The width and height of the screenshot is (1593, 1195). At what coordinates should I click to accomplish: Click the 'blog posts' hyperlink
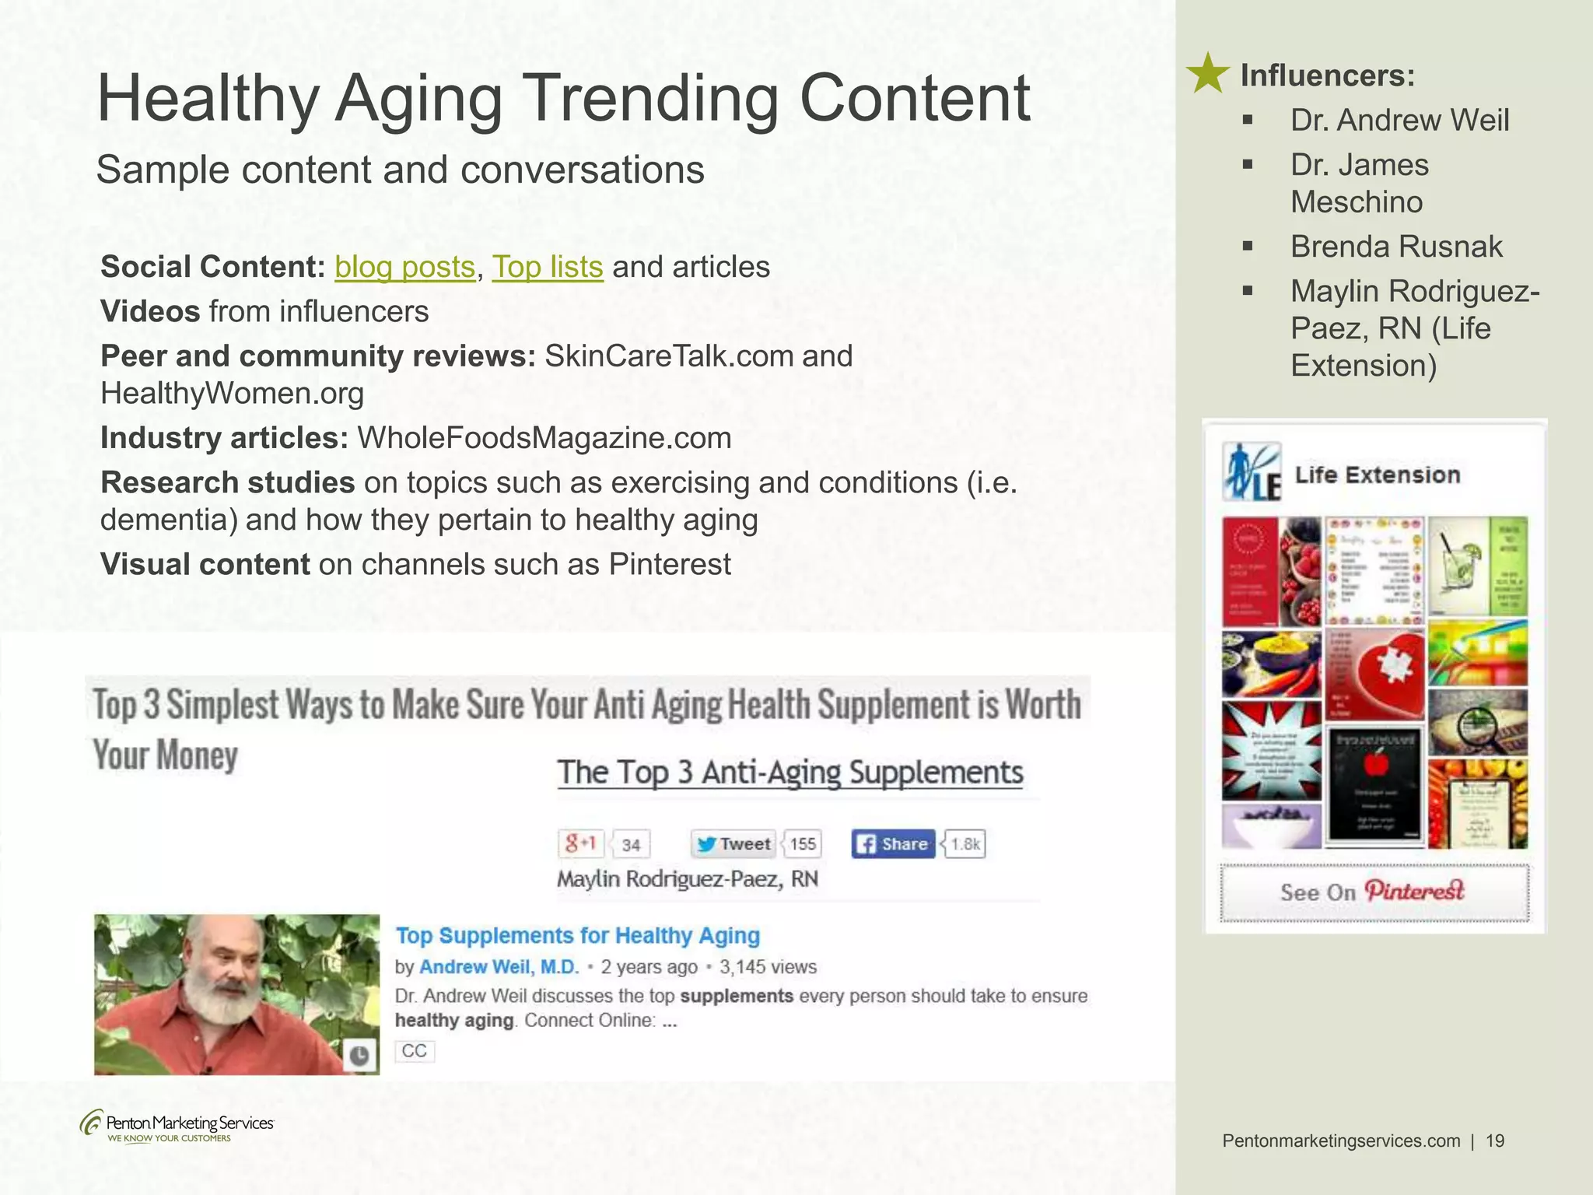[404, 267]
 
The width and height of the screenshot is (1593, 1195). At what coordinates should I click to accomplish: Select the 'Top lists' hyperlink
[547, 267]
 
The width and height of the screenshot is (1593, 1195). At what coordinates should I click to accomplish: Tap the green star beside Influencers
[1206, 74]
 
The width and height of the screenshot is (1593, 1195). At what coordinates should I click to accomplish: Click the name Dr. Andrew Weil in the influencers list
[1399, 121]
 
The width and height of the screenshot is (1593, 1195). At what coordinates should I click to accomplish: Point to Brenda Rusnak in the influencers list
[1396, 247]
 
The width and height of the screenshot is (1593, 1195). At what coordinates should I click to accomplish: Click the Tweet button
[733, 844]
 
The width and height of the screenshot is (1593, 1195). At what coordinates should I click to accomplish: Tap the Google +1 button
[580, 843]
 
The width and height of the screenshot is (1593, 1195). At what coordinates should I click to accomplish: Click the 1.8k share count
[965, 844]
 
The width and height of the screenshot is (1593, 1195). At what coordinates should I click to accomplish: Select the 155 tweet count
[803, 844]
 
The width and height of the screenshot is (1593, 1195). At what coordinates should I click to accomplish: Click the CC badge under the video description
[414, 1051]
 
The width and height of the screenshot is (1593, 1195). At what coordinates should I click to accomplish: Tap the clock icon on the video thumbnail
[359, 1056]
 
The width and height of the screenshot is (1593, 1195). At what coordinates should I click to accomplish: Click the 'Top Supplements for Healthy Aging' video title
[577, 935]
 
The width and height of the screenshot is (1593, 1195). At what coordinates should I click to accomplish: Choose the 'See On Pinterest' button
[1374, 892]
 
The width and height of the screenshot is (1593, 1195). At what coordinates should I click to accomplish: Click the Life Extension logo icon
[1252, 471]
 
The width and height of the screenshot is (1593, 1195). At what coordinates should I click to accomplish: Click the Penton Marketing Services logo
[177, 1126]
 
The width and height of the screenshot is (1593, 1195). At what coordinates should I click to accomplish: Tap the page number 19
[1495, 1141]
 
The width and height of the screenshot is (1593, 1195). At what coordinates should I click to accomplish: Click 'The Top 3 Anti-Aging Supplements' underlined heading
[789, 773]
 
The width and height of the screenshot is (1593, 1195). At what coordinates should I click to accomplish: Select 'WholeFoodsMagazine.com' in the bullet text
[544, 438]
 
